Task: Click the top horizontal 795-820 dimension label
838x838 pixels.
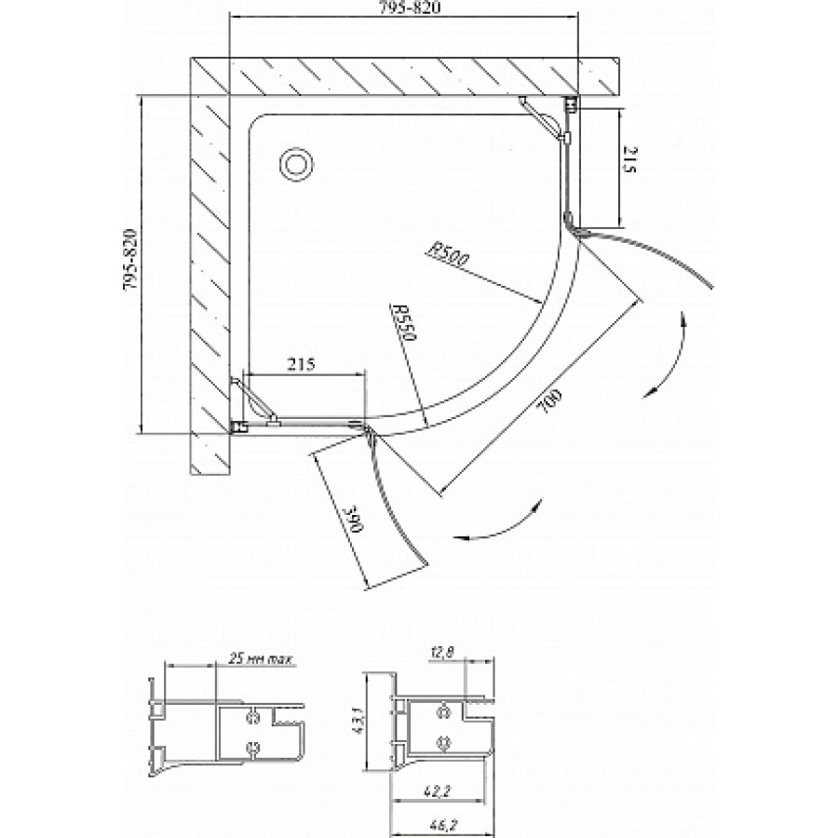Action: [404, 8]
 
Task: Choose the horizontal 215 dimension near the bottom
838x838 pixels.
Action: [301, 364]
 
